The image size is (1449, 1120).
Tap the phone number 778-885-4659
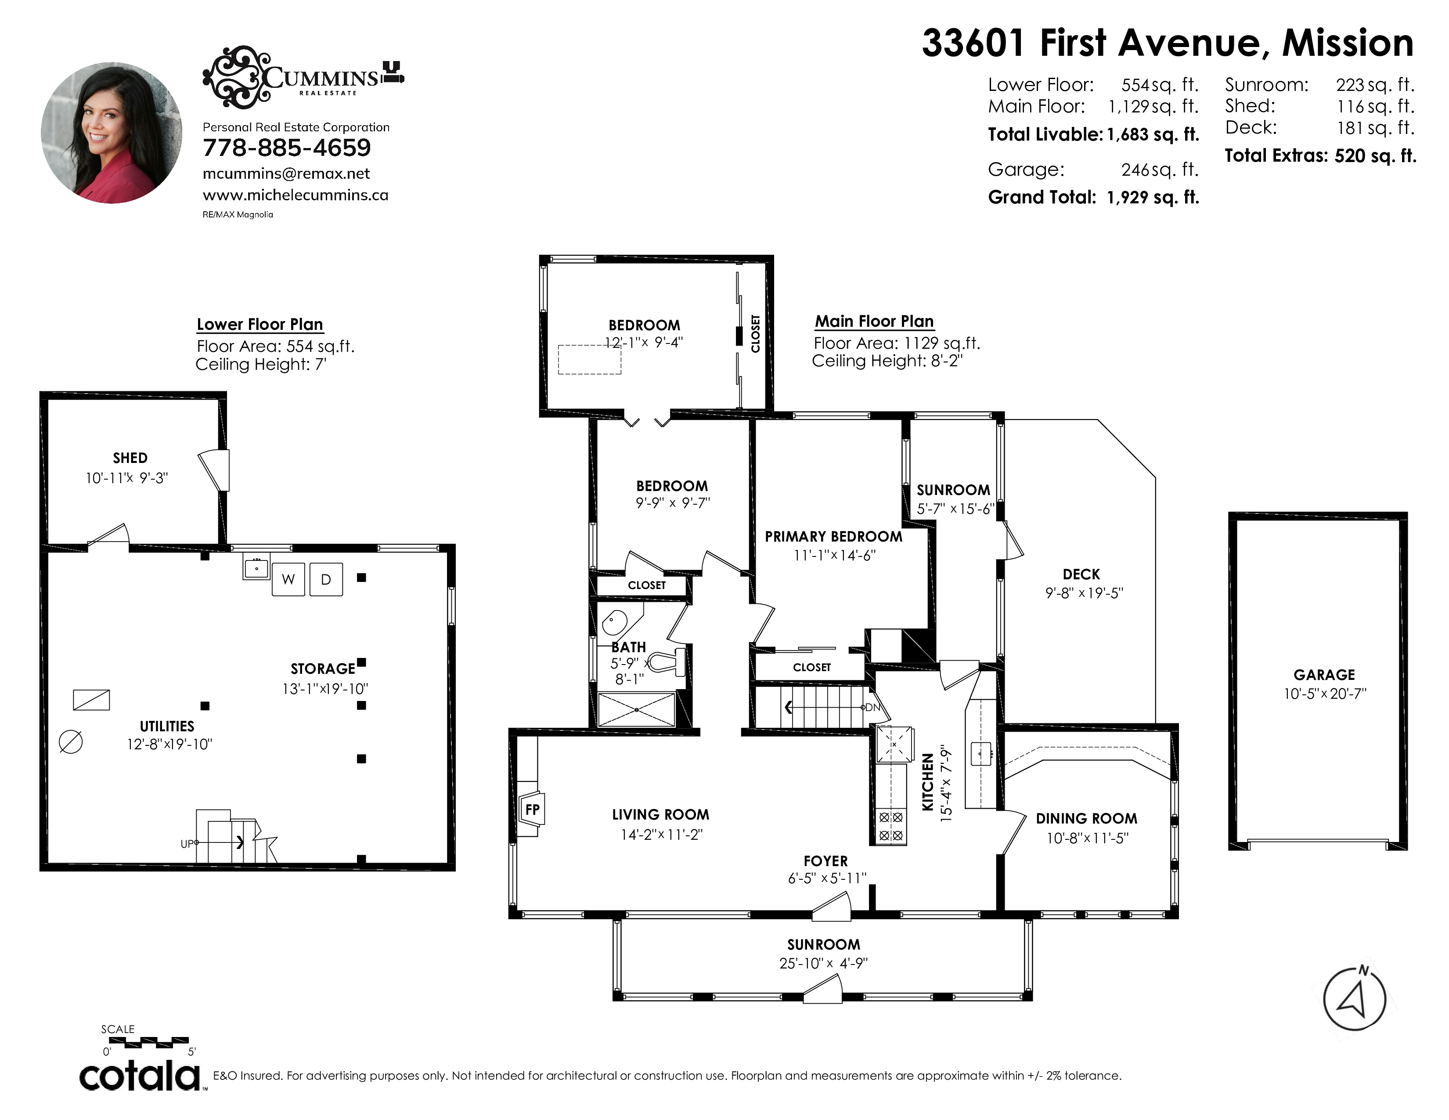(287, 148)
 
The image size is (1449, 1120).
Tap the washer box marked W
(288, 579)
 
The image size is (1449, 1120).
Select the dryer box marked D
(326, 579)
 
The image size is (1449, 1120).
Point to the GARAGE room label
(1323, 675)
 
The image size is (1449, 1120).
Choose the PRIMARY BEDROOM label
(833, 536)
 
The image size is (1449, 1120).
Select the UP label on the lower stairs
(187, 844)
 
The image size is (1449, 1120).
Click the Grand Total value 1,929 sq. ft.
(1153, 198)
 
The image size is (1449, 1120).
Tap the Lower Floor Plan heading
(260, 325)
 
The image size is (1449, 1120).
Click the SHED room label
(130, 458)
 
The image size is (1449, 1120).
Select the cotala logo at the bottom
(141, 1076)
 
